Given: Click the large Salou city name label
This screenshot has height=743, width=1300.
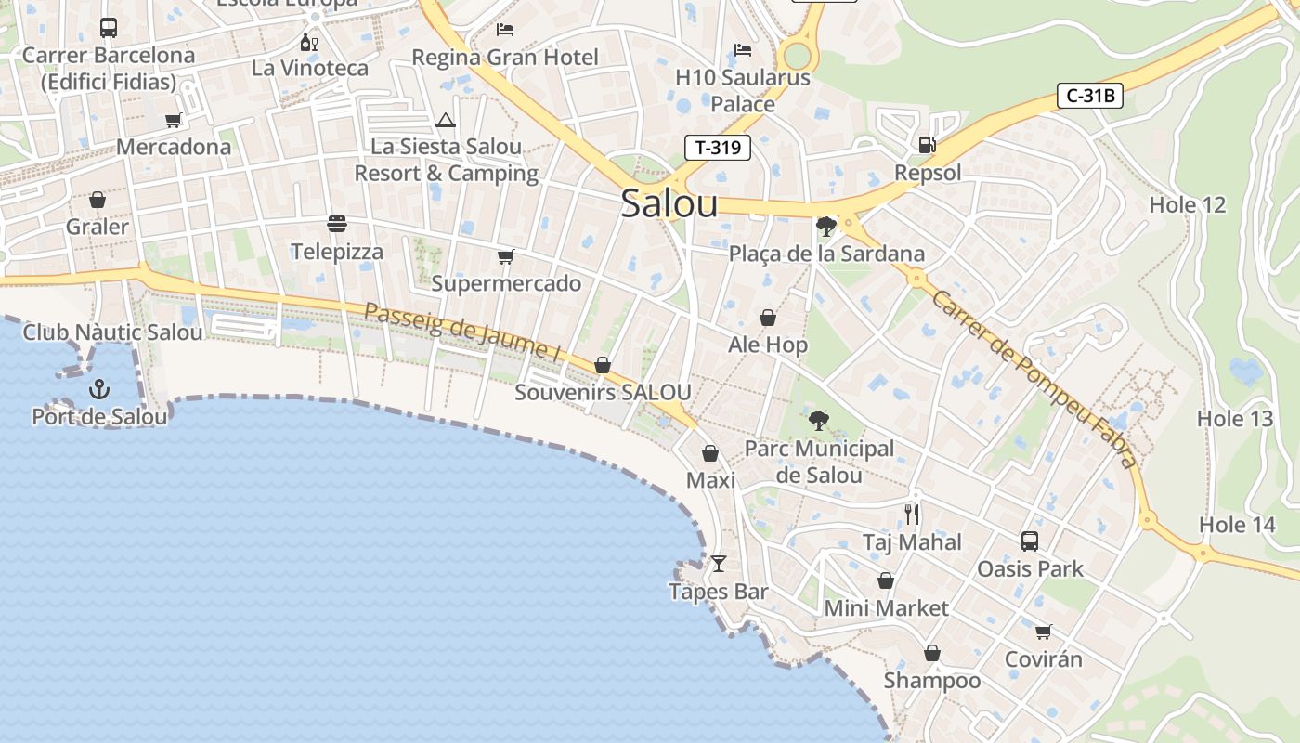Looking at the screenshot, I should pyautogui.click(x=669, y=203).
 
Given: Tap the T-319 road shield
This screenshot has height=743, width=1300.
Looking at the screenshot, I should pyautogui.click(x=718, y=147).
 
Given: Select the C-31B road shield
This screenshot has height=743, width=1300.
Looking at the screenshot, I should pyautogui.click(x=1090, y=95).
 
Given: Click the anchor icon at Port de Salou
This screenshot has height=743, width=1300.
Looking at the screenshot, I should pyautogui.click(x=99, y=389).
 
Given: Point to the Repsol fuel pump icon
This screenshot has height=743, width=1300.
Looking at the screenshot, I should pyautogui.click(x=926, y=145).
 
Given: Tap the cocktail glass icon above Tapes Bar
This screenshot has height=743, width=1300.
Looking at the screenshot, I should pyautogui.click(x=718, y=563).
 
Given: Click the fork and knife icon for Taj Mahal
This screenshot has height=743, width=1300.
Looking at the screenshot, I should pyautogui.click(x=912, y=514).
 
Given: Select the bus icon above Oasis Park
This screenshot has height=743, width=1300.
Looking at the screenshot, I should pyautogui.click(x=1029, y=541).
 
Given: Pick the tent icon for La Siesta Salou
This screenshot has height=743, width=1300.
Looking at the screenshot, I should pyautogui.click(x=446, y=120).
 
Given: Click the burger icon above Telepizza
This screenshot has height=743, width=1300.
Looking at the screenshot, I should pyautogui.click(x=336, y=224).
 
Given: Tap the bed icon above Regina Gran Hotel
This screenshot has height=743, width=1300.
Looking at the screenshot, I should pyautogui.click(x=505, y=30).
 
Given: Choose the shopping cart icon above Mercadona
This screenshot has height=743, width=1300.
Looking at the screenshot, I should pyautogui.click(x=173, y=120).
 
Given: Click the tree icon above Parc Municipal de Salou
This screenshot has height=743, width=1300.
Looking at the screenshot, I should pyautogui.click(x=818, y=421).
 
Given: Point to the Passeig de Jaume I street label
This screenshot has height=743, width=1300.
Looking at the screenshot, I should pyautogui.click(x=462, y=332).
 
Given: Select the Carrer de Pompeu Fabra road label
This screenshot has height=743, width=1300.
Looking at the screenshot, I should pyautogui.click(x=1033, y=379).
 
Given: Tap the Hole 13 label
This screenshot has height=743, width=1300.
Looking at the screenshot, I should pyautogui.click(x=1234, y=418).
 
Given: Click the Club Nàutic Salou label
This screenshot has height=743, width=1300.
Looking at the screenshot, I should pyautogui.click(x=112, y=332).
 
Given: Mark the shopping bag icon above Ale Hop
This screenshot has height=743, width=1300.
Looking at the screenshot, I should pyautogui.click(x=768, y=318).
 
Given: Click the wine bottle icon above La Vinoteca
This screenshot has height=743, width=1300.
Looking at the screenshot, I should pyautogui.click(x=309, y=42).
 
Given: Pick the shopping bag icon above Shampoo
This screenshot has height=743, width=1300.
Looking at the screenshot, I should pyautogui.click(x=931, y=653).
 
